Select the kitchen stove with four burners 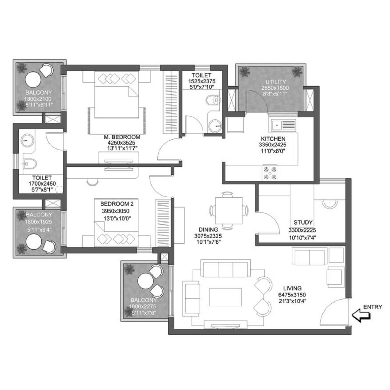click(270, 173)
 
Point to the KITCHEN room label click(273, 139)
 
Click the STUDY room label click(303, 223)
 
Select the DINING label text click(208, 230)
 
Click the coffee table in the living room click(225, 297)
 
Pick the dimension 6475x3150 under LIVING click(292, 295)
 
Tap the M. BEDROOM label click(122, 137)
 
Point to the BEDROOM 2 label click(115, 204)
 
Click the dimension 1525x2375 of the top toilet click(202, 81)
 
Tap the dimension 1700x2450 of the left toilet click(42, 184)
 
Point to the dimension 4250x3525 click(121, 143)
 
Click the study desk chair click(329, 204)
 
